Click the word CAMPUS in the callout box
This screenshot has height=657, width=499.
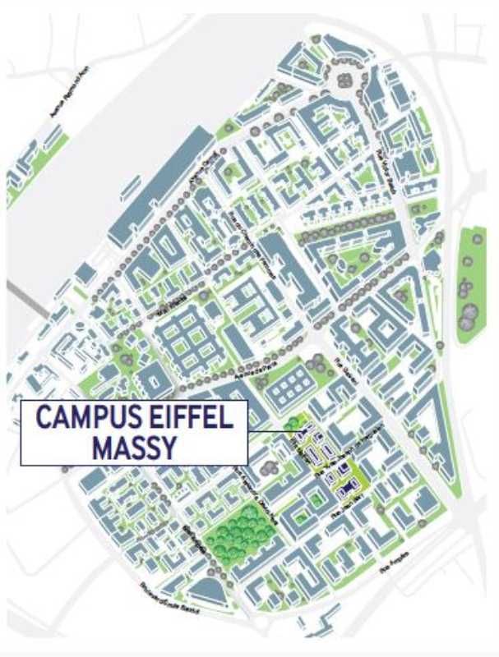[82, 418]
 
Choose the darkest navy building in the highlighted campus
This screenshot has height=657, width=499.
[337, 476]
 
